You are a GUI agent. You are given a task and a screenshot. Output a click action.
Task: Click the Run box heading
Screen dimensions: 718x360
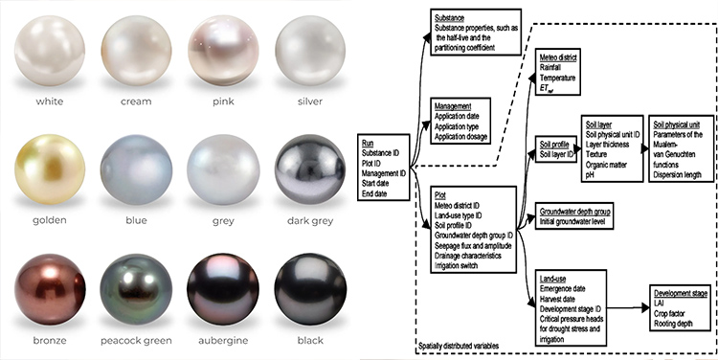coord(369,143)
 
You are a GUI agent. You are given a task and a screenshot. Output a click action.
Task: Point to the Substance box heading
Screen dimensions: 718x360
coord(450,18)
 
